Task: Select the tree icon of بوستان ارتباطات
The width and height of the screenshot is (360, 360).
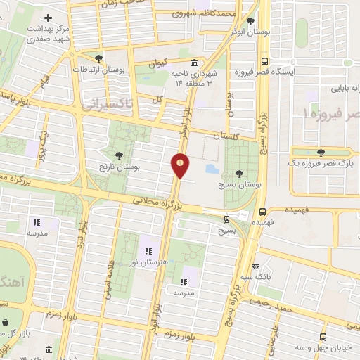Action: pyautogui.click(x=98, y=58)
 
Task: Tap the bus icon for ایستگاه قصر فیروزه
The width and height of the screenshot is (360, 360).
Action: pyautogui.click(x=264, y=61)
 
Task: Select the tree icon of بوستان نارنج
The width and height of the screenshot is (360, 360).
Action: pyautogui.click(x=118, y=154)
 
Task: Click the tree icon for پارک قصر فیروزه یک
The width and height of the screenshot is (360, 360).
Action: pyautogui.click(x=321, y=152)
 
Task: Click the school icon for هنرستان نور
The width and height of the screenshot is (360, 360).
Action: pyautogui.click(x=148, y=250)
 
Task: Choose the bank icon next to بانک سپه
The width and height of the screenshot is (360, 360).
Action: pyautogui.click(x=255, y=266)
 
